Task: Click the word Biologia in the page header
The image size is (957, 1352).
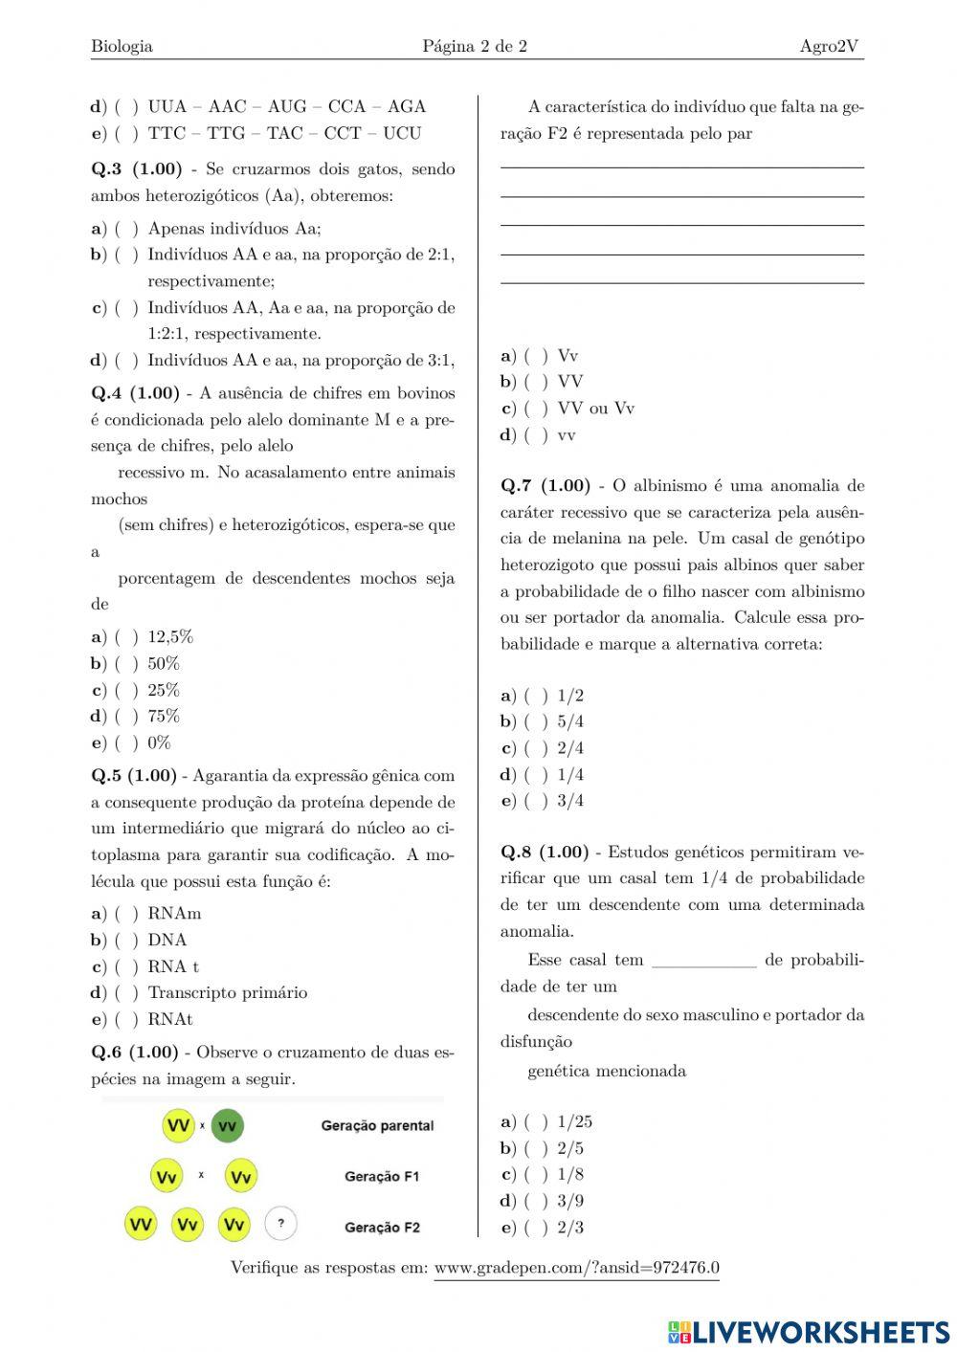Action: pos(122,46)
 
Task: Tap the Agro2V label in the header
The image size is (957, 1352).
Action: pos(831,46)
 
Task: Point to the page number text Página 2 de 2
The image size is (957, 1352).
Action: pos(475,46)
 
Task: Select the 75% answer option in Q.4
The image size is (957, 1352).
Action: pos(164,716)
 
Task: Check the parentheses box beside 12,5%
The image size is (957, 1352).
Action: pos(126,637)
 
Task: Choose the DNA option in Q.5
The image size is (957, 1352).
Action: pos(167,940)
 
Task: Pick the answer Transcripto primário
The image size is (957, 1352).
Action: pos(227,992)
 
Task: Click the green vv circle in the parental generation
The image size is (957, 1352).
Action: pos(227,1126)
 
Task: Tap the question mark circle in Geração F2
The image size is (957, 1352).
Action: pos(280,1223)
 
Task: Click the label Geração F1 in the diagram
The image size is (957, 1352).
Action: pos(382,1177)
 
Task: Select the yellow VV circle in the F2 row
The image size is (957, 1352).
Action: pos(142,1223)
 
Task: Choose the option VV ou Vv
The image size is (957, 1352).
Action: pos(595,409)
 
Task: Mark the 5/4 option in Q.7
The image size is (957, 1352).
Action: pos(570,721)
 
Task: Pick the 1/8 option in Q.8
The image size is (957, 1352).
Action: pos(570,1174)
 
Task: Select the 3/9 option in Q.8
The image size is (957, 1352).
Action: pos(570,1200)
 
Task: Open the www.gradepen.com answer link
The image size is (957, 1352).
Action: pos(576,1268)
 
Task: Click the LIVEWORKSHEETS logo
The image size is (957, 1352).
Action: pos(808,1332)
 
